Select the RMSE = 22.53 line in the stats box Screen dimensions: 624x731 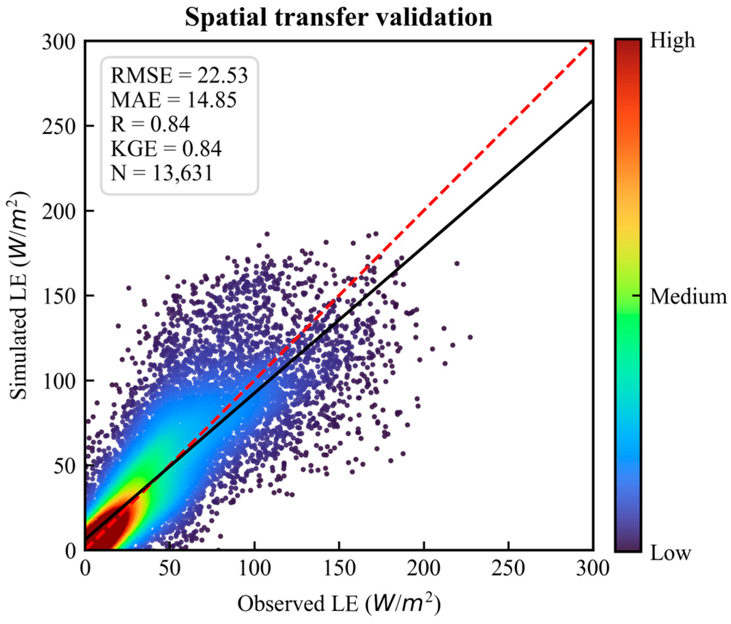click(179, 75)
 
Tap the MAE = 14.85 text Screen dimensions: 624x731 click(174, 100)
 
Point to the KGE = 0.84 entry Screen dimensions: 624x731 click(166, 149)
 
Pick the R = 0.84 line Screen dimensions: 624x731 click(150, 124)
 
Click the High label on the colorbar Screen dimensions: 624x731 click(672, 41)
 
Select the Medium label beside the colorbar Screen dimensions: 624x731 click(688, 297)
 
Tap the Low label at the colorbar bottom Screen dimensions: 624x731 click(670, 553)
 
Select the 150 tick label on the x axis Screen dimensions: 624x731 click(339, 569)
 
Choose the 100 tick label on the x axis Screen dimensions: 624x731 click(254, 569)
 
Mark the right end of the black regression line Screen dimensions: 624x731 click(592, 101)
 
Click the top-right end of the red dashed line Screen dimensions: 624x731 click(592, 42)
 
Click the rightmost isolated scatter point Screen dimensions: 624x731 click(470, 337)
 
